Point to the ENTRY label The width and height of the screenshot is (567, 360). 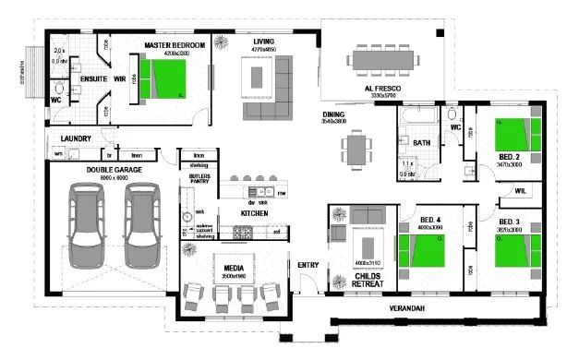click(308, 266)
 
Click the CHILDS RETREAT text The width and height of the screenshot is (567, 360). click(368, 281)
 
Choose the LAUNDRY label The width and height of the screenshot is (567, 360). click(76, 139)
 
